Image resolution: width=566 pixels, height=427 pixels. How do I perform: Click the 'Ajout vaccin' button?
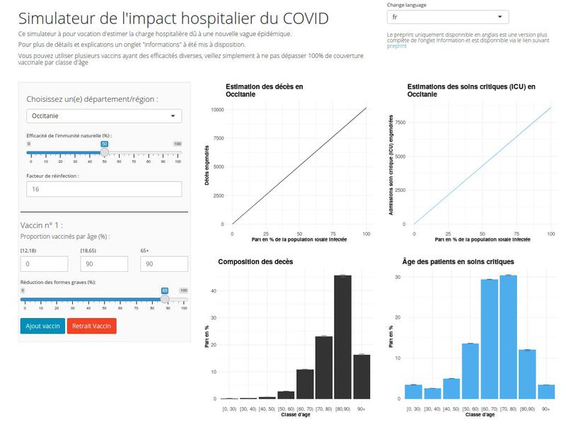(42, 326)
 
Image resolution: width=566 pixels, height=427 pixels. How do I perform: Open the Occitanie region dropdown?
(104, 116)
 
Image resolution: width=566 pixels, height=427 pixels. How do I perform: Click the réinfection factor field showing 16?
(104, 189)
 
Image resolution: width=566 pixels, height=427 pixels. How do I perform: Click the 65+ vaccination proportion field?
(164, 263)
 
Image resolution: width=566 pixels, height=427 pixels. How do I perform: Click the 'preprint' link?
(397, 47)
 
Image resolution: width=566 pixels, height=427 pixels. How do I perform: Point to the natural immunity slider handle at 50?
(105, 152)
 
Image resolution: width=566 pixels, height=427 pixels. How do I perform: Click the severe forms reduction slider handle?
(165, 298)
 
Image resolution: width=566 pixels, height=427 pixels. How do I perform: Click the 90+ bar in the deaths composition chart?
(361, 376)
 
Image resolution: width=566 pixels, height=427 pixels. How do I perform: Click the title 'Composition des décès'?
(255, 262)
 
